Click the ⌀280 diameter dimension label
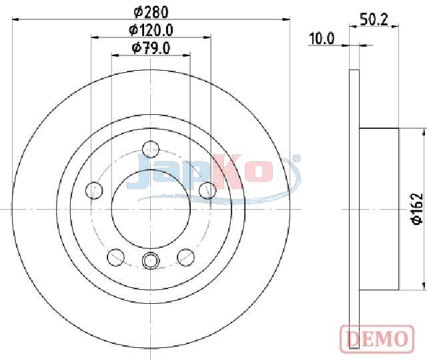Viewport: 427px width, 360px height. click(151, 12)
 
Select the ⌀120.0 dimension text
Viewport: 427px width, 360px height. click(151, 30)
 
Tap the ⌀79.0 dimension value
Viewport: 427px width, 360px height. click(151, 48)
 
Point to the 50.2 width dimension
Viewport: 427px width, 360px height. click(374, 19)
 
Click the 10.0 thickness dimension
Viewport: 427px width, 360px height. click(322, 39)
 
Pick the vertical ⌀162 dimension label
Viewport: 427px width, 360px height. click(417, 209)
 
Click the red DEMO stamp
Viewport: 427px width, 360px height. click(377, 339)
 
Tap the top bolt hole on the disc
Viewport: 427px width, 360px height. click(151, 150)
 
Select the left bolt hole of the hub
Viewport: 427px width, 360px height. click(94, 190)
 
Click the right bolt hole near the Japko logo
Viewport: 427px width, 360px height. click(207, 190)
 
